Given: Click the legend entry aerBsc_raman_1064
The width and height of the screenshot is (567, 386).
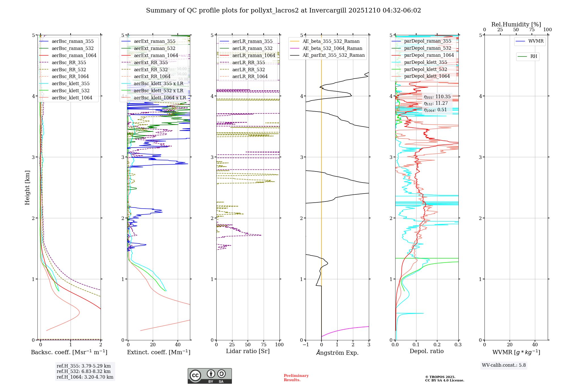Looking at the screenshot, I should point(74,55).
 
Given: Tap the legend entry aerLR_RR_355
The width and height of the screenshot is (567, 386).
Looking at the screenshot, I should point(248,62).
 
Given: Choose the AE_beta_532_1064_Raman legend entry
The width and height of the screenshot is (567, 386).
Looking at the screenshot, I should point(332,48).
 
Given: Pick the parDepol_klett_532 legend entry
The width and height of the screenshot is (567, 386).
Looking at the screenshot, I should point(425,69).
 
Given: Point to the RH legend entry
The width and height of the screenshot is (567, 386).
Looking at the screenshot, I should point(534,56).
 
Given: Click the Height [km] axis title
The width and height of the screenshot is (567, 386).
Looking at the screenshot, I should point(27,187).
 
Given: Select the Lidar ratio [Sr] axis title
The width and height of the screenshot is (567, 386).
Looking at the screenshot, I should point(247,351).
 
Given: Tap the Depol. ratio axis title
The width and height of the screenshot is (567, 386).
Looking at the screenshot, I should point(426,351).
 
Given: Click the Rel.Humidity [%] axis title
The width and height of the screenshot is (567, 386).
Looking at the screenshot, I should point(516,24).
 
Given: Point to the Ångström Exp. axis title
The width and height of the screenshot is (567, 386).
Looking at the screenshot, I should point(337,353).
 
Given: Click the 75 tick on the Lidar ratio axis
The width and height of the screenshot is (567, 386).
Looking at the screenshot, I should point(264,345).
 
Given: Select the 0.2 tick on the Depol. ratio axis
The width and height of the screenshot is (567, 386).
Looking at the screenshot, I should point(437,345).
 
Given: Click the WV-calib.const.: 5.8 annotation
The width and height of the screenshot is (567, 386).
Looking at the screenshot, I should point(503,365).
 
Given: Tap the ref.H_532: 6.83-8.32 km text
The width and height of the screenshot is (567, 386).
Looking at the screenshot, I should point(83,371).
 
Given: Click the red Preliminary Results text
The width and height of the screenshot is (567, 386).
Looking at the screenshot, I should point(296,377).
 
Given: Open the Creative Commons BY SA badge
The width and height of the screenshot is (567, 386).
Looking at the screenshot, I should point(210,376).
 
